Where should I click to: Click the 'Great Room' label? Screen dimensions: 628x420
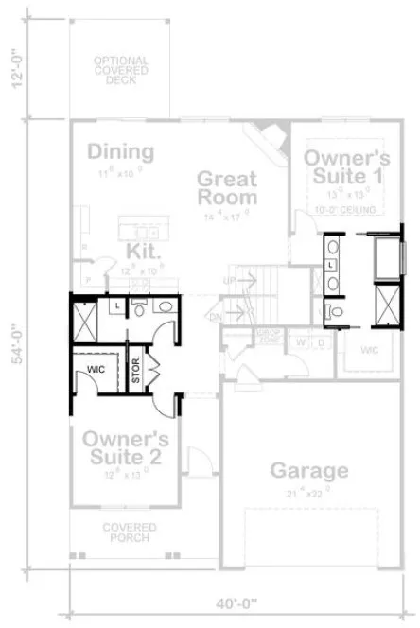(227, 188)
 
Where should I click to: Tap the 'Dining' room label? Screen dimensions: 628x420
(119, 152)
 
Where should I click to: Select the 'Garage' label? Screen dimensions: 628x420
(308, 470)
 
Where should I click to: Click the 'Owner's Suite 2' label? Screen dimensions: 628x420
(125, 448)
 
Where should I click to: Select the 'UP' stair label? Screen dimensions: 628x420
(228, 280)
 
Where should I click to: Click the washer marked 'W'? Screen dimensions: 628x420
(301, 341)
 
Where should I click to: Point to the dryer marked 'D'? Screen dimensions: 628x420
(320, 341)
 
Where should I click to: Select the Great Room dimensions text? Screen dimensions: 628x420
(227, 216)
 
